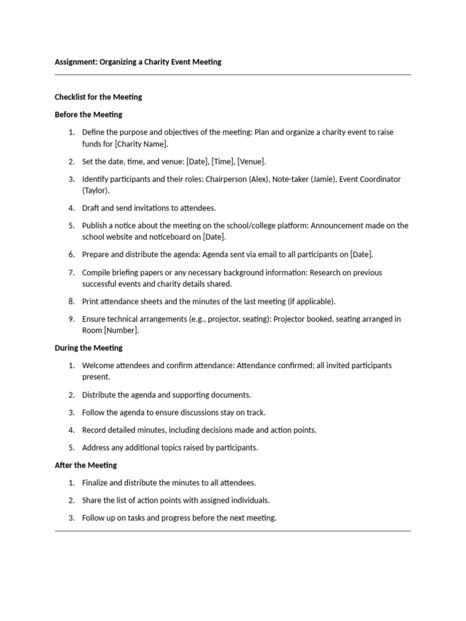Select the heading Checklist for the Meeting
coord(98,96)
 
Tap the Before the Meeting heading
coord(88,114)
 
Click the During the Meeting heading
coord(88,347)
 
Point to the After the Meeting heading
coord(86,465)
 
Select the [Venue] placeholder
coord(251,161)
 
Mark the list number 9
coord(71,319)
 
